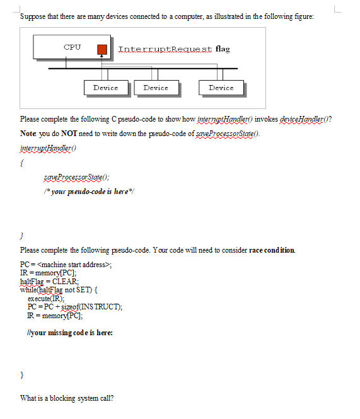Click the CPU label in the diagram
[x=72, y=47]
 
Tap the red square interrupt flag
[x=102, y=49]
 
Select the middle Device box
[x=156, y=88]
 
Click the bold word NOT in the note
[x=61, y=134]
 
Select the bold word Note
[x=28, y=134]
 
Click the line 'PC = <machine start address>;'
[x=66, y=264]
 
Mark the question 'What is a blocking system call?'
[x=67, y=398]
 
